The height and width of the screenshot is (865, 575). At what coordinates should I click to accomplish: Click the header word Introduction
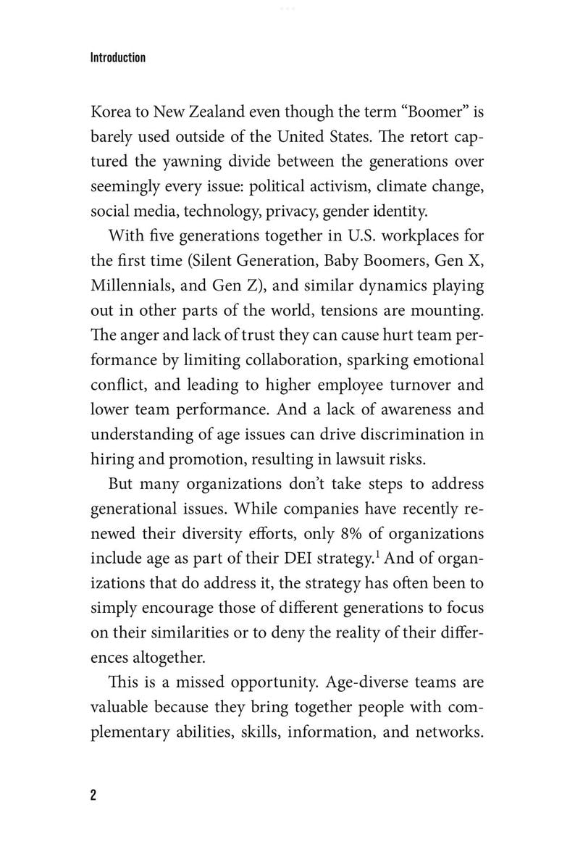(x=118, y=57)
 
